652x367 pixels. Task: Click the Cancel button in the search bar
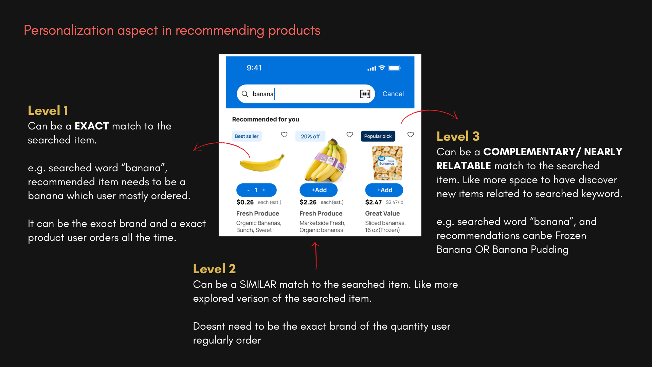(393, 94)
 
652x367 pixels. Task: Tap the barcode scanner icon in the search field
(365, 94)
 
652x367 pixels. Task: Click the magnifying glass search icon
(245, 94)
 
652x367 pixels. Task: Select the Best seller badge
(247, 136)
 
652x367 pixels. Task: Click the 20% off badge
(310, 136)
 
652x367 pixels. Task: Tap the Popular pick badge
(378, 136)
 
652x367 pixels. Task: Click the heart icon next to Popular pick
(411, 135)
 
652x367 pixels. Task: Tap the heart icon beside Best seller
(284, 135)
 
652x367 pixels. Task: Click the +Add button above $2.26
(319, 190)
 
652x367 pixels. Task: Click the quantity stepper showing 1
(256, 190)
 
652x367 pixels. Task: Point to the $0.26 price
(245, 202)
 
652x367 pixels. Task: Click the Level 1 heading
(48, 110)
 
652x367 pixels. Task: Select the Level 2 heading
(214, 269)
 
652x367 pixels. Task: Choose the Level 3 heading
(458, 136)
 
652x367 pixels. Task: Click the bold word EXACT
(92, 126)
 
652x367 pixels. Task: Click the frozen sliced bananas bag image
(387, 163)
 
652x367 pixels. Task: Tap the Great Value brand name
(382, 213)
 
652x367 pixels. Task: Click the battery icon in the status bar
(395, 68)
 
